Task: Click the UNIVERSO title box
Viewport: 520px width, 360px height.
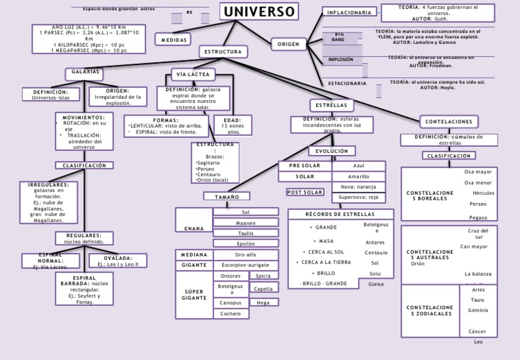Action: [259, 12]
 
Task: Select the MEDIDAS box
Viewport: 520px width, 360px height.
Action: [174, 40]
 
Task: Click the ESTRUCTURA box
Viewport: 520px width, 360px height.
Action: [223, 51]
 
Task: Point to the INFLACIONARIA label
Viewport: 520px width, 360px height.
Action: [349, 12]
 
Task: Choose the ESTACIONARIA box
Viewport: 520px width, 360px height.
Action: [347, 83]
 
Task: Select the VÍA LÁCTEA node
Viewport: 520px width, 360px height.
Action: [194, 74]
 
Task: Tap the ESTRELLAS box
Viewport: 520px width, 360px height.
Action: [331, 106]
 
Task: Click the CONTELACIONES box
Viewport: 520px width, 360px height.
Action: [448, 121]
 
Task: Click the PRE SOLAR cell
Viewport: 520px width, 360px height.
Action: [305, 166]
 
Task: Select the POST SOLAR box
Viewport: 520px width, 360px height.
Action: [305, 192]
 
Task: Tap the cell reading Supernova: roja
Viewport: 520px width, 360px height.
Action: [359, 198]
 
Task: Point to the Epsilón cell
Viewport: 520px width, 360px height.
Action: [246, 244]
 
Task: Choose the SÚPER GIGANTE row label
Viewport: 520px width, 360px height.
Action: [194, 295]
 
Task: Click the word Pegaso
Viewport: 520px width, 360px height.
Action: [478, 217]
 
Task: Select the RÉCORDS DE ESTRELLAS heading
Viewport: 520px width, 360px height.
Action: [340, 215]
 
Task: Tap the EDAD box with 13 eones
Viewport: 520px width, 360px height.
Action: [232, 125]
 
